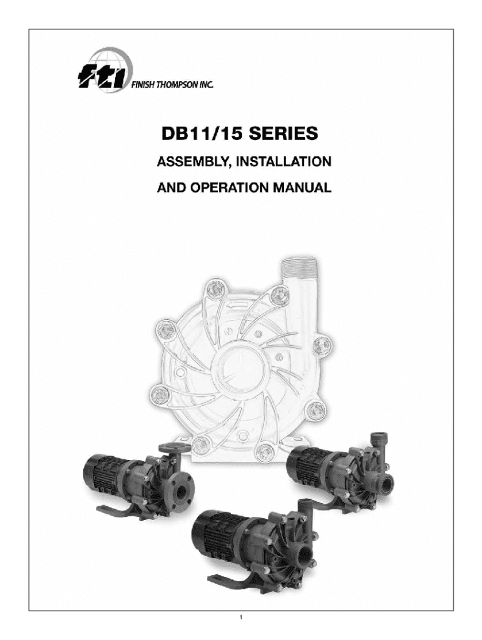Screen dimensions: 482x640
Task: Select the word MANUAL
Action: click(x=302, y=187)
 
